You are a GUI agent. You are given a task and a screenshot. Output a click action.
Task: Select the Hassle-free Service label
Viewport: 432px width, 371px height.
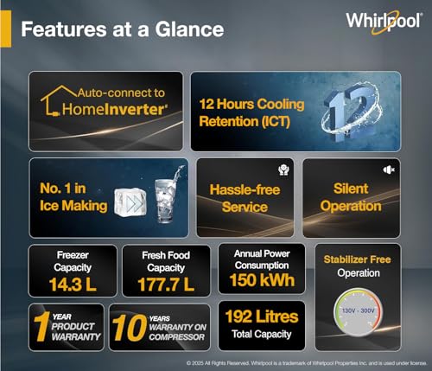point(245,197)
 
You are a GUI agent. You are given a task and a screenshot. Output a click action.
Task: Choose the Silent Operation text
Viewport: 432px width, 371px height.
point(352,197)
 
